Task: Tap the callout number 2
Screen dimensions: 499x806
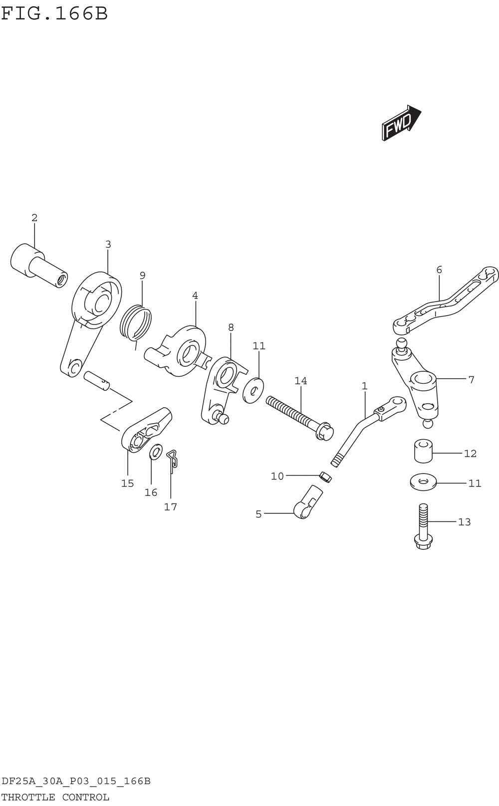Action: pos(34,218)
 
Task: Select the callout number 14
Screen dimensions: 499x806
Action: pos(300,381)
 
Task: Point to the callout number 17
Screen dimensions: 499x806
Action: pos(171,507)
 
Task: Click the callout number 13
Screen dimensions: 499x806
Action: pos(465,522)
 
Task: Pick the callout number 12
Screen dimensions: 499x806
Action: pos(470,454)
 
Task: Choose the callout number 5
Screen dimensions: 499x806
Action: pos(258,514)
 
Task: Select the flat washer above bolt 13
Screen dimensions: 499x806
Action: pos(423,482)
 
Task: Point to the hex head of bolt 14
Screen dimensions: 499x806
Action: pos(325,431)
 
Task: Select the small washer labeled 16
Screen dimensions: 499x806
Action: pos(156,451)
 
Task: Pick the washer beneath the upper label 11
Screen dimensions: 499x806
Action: pos(253,389)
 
